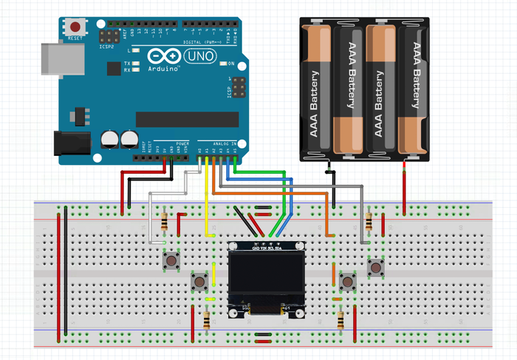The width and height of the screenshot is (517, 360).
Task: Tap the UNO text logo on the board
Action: coord(194,56)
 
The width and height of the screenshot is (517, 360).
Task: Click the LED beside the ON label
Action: coord(221,63)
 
